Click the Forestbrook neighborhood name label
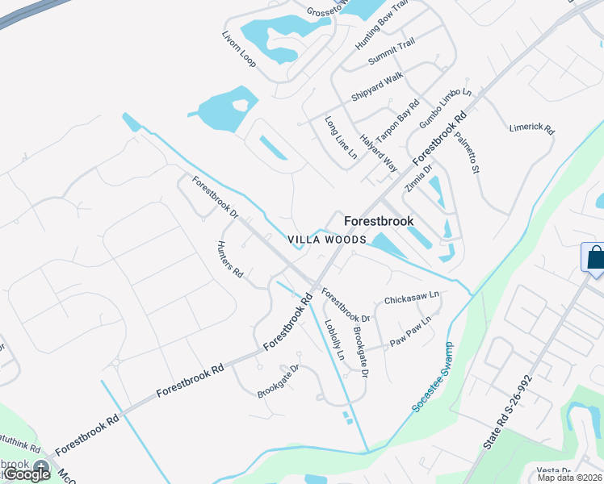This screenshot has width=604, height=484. point(379,221)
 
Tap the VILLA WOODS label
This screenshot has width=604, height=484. point(328,240)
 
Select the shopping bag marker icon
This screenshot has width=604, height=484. point(594,258)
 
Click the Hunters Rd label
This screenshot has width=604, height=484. point(230,259)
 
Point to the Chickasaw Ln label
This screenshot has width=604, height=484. point(411,298)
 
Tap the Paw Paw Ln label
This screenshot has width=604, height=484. point(411,328)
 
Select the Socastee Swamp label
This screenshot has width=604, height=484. point(433,377)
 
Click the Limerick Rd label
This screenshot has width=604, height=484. point(532,128)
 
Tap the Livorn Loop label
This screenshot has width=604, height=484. point(238,50)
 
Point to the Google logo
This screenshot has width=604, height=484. point(26,474)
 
